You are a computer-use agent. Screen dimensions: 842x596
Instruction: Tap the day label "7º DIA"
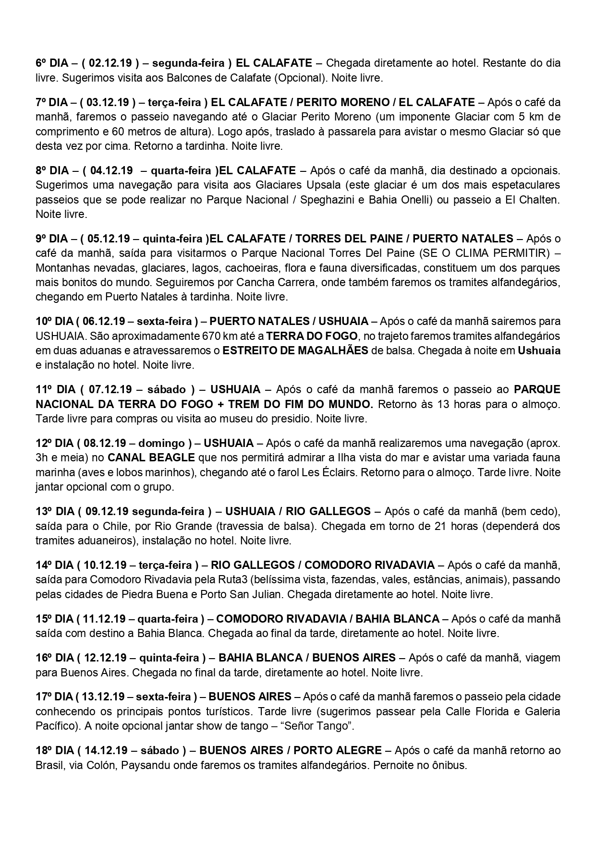pyautogui.click(x=52, y=102)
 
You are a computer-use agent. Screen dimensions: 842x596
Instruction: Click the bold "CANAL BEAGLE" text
pyautogui.click(x=151, y=457)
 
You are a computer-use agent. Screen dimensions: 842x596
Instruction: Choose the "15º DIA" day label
pyautogui.click(x=52, y=619)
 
